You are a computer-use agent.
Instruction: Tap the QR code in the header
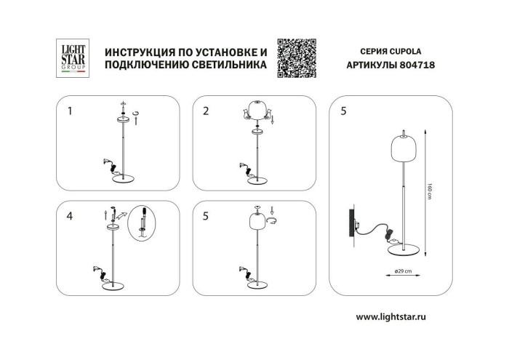tap(297, 58)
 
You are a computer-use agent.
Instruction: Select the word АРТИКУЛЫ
tap(369, 65)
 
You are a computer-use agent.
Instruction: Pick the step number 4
tap(70, 216)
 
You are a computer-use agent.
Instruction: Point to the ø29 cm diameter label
tap(403, 271)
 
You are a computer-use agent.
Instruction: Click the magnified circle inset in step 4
tap(143, 223)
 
